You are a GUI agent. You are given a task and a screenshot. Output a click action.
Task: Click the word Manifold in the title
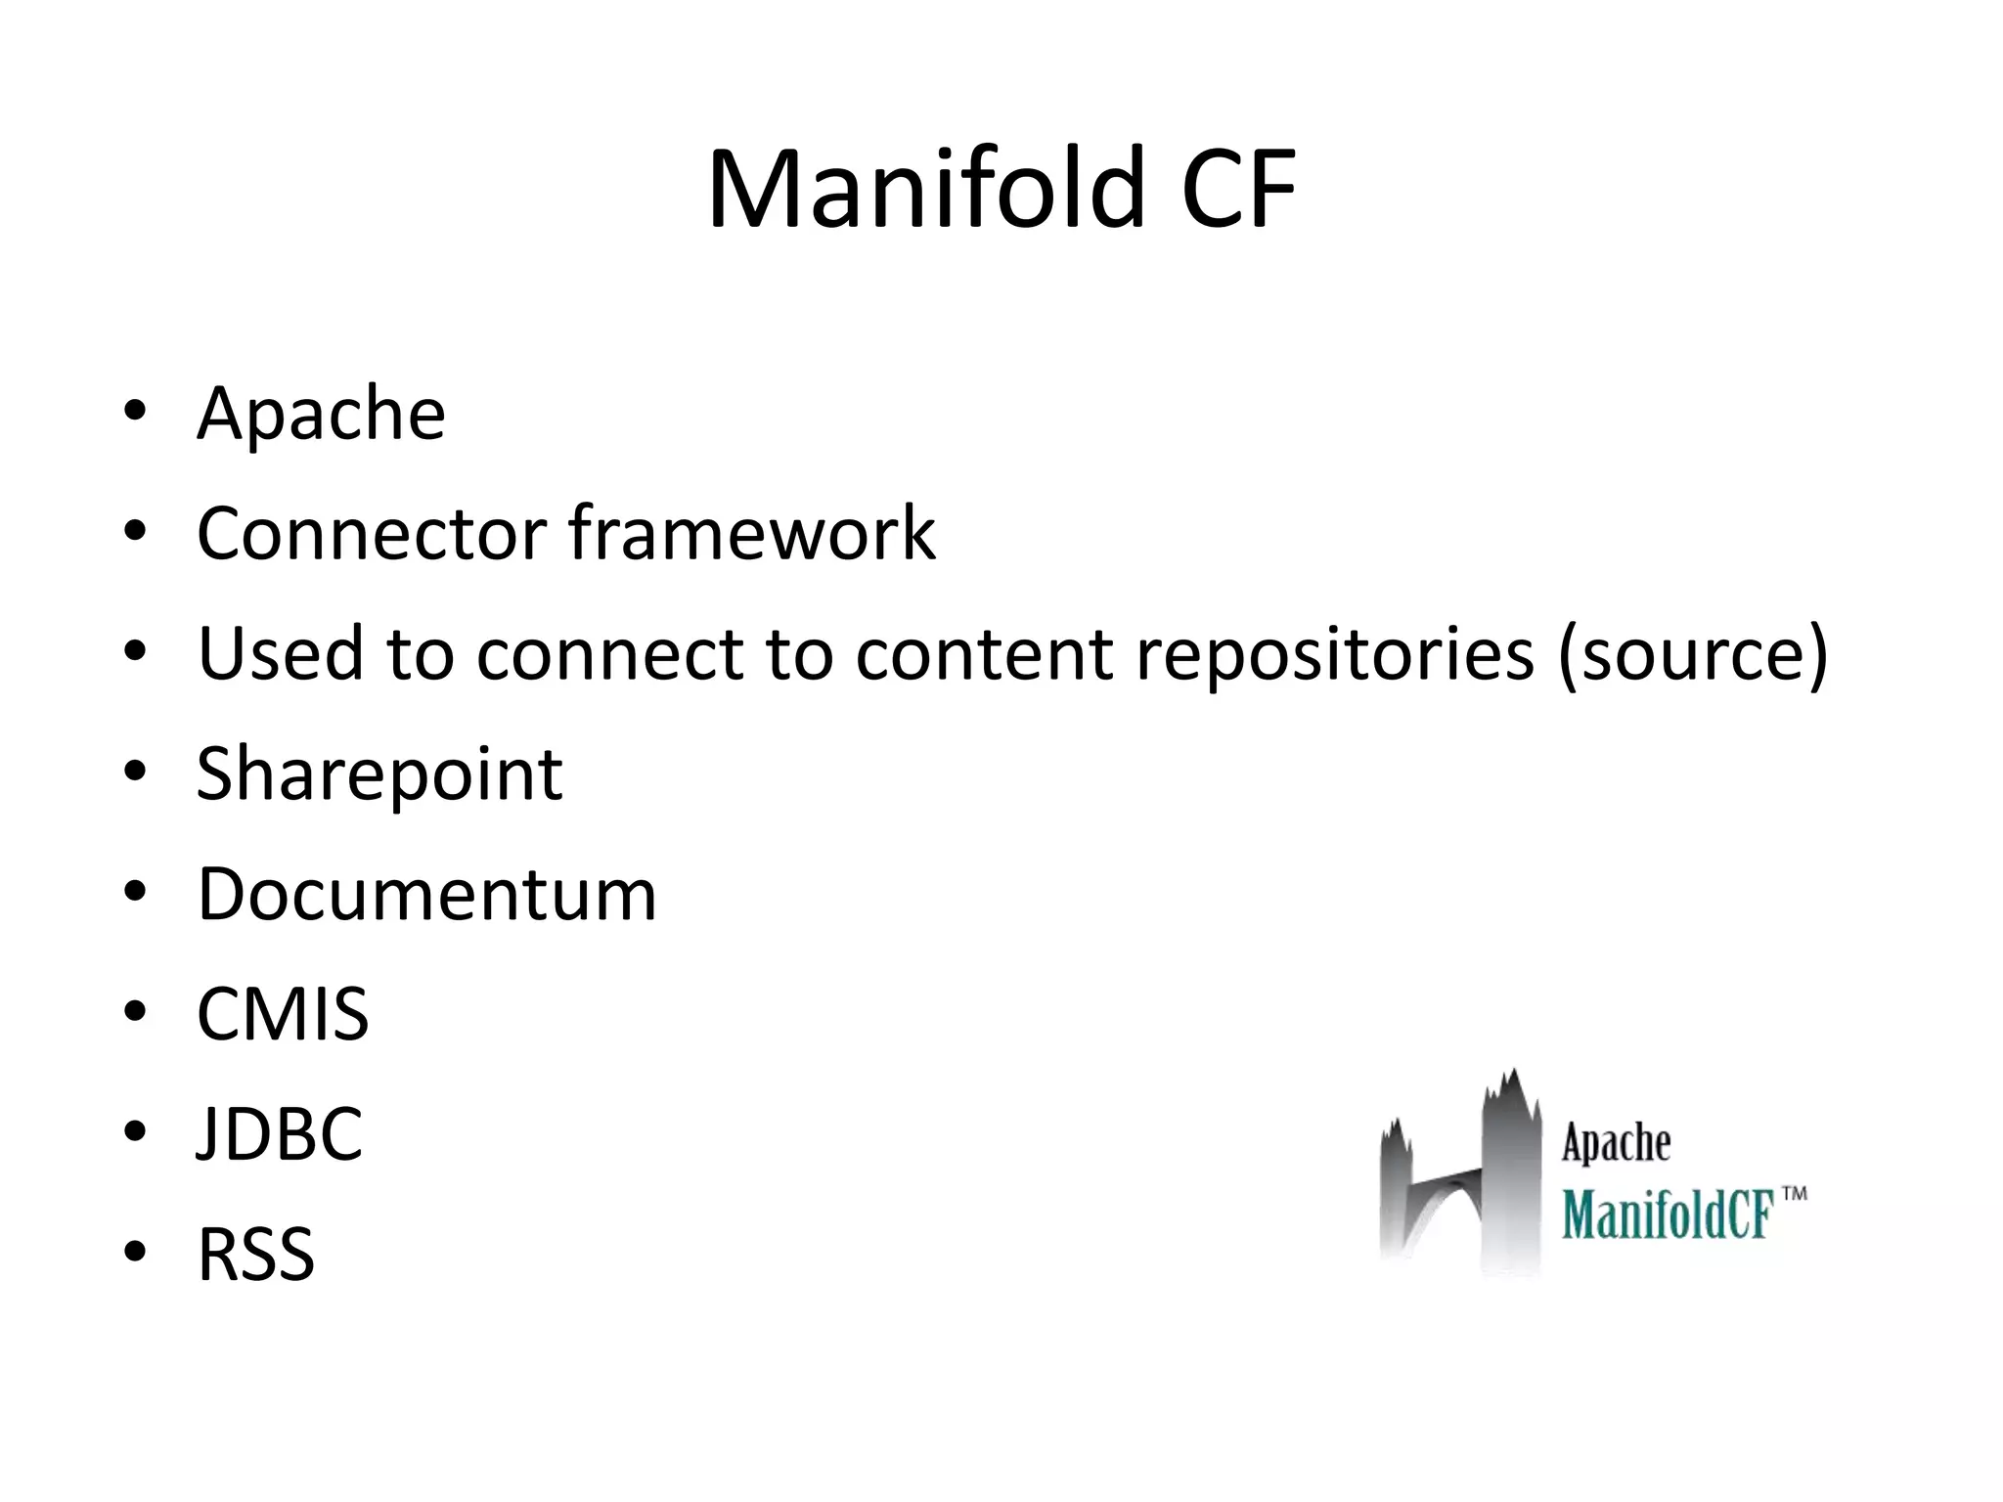[x=925, y=189]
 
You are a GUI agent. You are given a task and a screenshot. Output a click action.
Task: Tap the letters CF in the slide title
[x=1239, y=189]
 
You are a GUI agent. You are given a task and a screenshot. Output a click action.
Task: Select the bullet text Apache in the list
[x=321, y=414]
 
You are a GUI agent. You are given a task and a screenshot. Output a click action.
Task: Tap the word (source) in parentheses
[x=1692, y=653]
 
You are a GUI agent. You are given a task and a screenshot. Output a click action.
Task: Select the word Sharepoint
[x=379, y=774]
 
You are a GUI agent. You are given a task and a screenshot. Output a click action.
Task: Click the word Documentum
[x=426, y=894]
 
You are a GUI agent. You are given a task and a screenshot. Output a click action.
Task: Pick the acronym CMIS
[x=283, y=1014]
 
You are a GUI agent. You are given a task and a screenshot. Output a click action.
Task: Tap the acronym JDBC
[x=280, y=1134]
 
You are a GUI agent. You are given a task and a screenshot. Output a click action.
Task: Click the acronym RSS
[x=256, y=1255]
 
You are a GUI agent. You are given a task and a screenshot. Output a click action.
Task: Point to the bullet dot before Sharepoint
[x=135, y=773]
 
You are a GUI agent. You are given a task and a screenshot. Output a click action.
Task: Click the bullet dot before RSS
[x=135, y=1253]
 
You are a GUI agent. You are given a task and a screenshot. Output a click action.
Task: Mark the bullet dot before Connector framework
[x=135, y=532]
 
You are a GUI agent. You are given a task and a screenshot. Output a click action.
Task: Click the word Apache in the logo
[x=1616, y=1143]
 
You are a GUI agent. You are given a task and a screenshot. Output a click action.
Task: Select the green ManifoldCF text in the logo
[x=1668, y=1215]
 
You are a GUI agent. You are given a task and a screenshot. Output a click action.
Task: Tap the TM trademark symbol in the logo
[x=1794, y=1195]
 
